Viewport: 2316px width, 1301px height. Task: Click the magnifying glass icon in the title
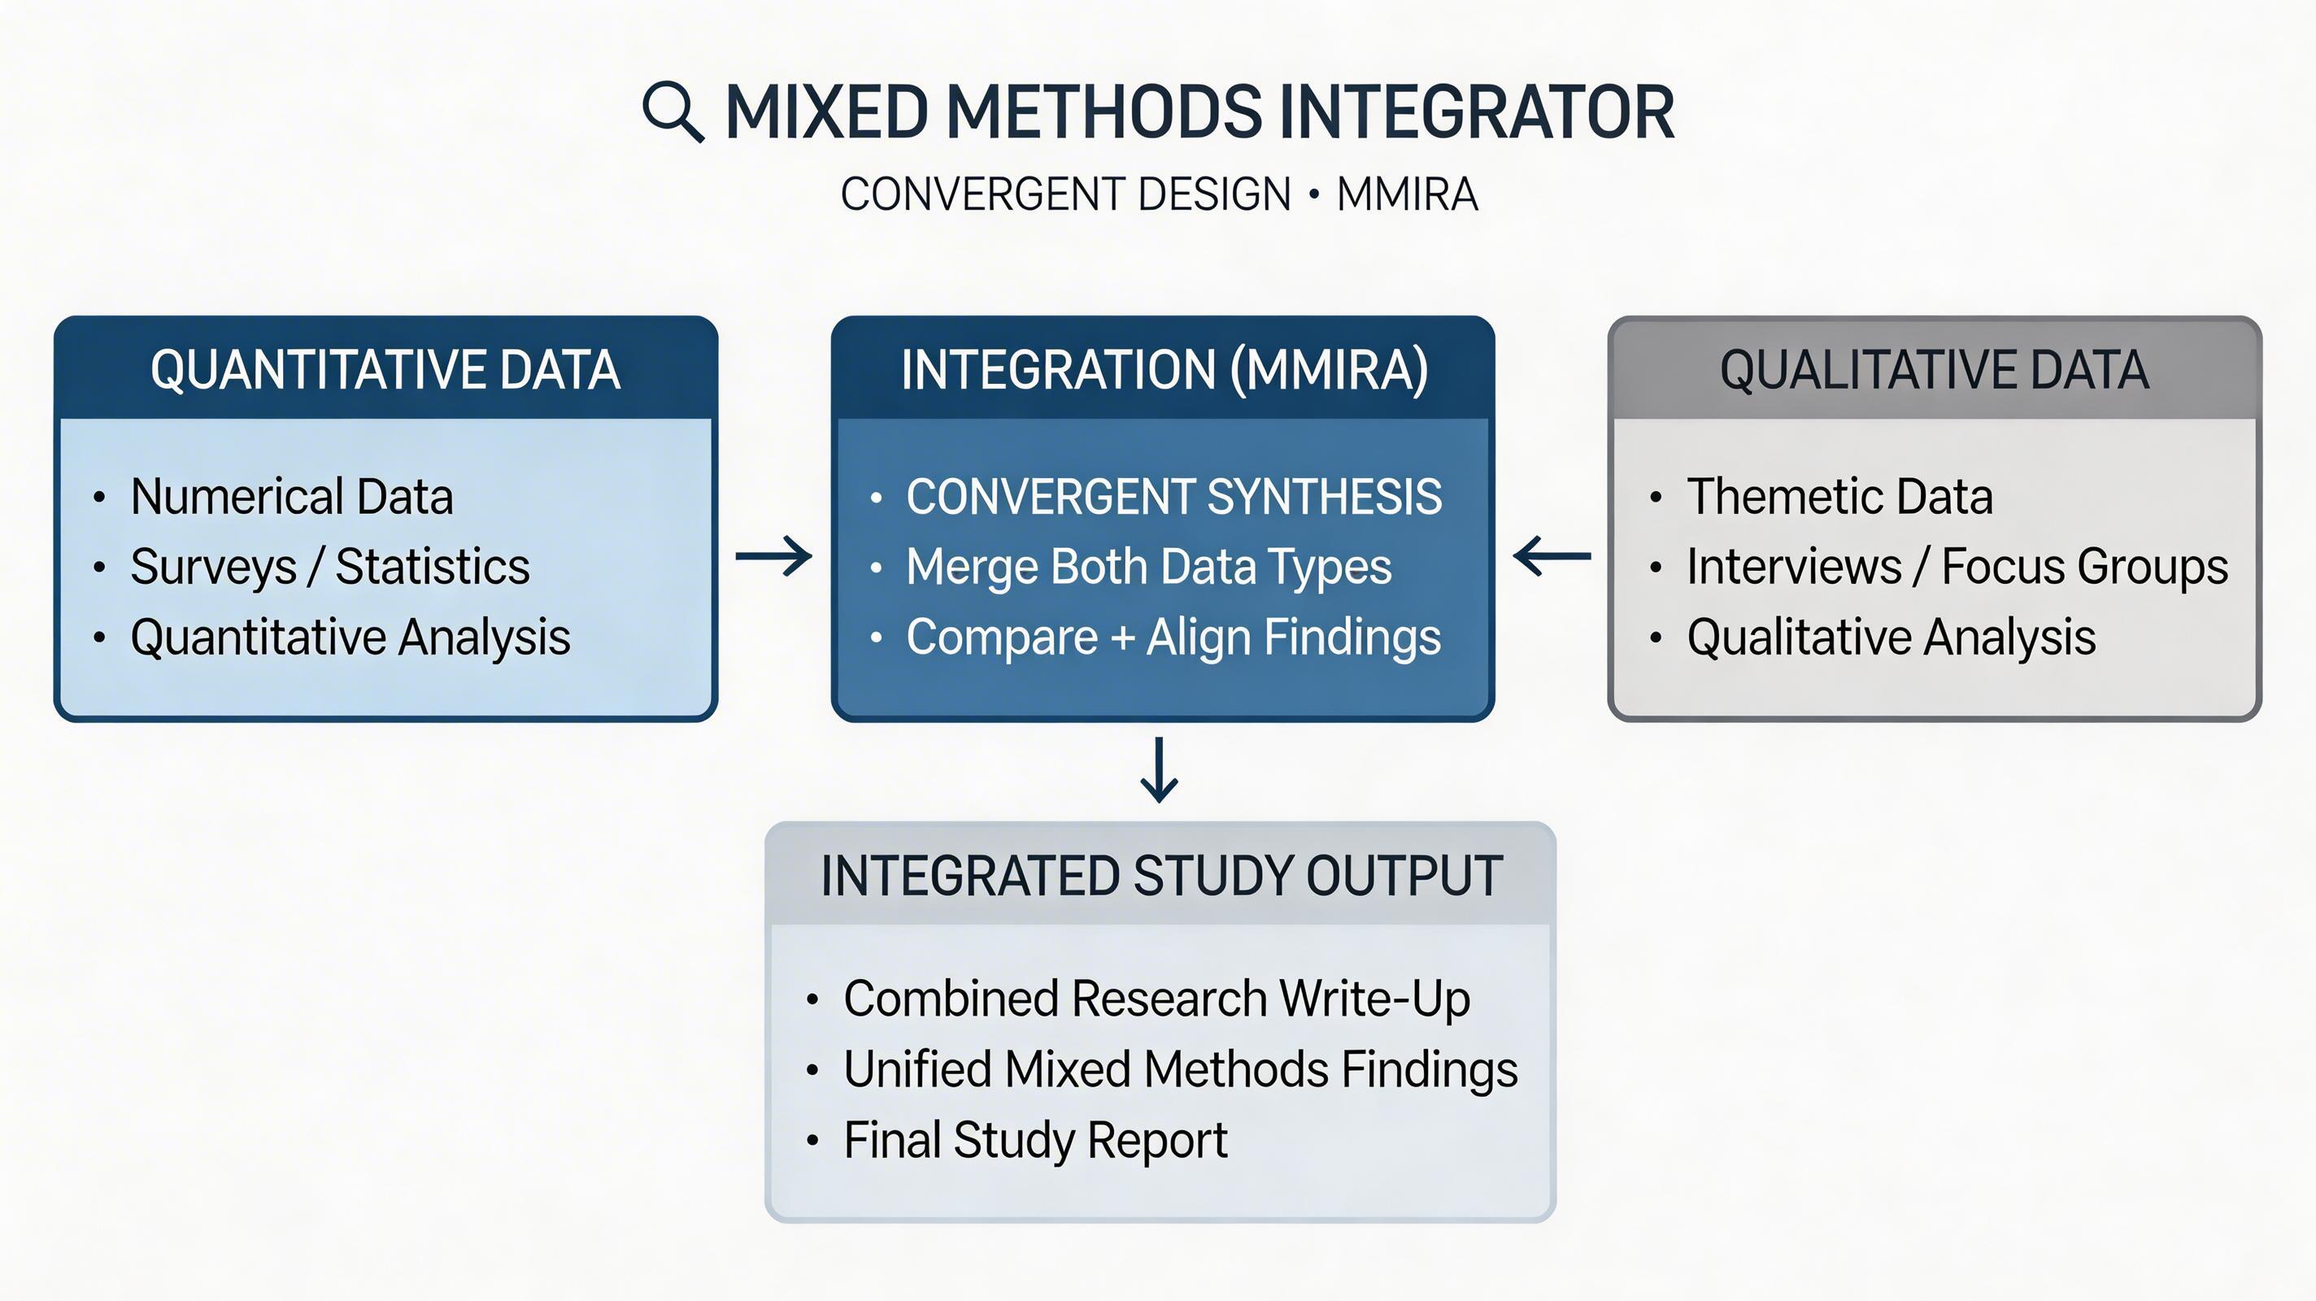point(673,111)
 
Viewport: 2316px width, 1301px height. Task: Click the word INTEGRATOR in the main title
point(1475,112)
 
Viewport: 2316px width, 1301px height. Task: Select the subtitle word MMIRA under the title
point(1407,195)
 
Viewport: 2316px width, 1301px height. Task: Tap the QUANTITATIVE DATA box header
point(385,369)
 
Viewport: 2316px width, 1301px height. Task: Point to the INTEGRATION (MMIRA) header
point(1164,369)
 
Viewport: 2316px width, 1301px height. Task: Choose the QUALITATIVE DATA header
point(1934,369)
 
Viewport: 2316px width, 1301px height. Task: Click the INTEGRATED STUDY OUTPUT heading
point(1160,876)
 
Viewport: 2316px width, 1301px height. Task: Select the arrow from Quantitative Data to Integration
point(773,556)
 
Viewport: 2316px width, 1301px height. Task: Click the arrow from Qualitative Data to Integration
point(1552,556)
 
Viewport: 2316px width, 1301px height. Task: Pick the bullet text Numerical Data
point(291,496)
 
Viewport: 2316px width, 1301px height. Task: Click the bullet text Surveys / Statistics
point(330,567)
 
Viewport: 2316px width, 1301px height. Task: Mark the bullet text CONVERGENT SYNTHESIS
point(1173,496)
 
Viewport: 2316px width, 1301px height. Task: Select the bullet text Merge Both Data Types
point(1148,567)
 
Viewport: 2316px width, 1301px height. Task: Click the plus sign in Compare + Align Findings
point(1122,638)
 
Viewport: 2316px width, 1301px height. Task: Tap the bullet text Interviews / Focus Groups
point(1957,567)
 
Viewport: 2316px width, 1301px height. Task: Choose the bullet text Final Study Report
point(1035,1140)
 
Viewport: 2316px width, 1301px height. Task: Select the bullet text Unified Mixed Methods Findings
point(1180,1070)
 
